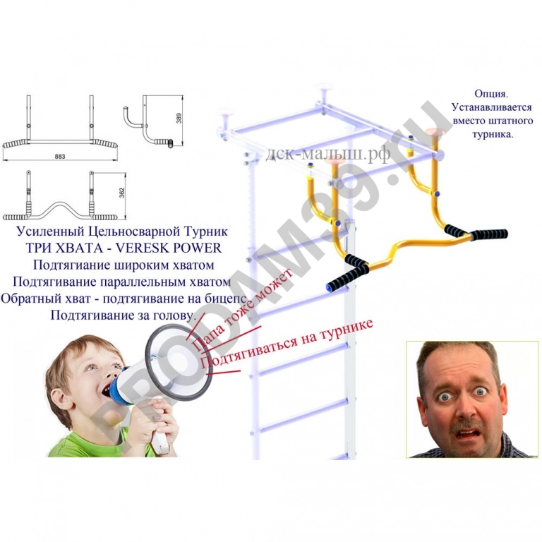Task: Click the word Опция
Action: pyautogui.click(x=490, y=93)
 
